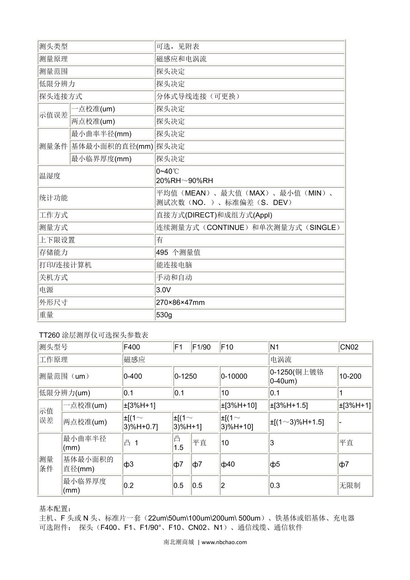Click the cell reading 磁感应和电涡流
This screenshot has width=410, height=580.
coord(181,59)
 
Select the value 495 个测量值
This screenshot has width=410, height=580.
coord(178,253)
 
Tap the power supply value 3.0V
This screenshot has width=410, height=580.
coord(163,290)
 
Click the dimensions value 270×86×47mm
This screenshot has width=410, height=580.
coord(180,302)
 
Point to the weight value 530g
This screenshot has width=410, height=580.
coord(164,315)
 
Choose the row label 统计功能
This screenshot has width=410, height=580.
coord(53,198)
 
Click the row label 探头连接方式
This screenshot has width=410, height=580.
coord(60,96)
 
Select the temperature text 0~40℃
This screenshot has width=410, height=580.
coord(167,171)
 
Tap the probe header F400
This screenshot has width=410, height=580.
coord(132,347)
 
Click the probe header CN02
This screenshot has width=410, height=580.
coord(349,347)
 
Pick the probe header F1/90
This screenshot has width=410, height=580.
coord(202,347)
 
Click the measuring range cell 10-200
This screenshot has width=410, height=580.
coord(350,376)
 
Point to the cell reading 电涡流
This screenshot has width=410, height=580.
coord(281,360)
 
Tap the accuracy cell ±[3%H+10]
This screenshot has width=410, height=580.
coord(239,405)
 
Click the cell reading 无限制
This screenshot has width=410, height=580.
coord(350,485)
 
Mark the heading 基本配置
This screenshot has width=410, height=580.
coord(55,509)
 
